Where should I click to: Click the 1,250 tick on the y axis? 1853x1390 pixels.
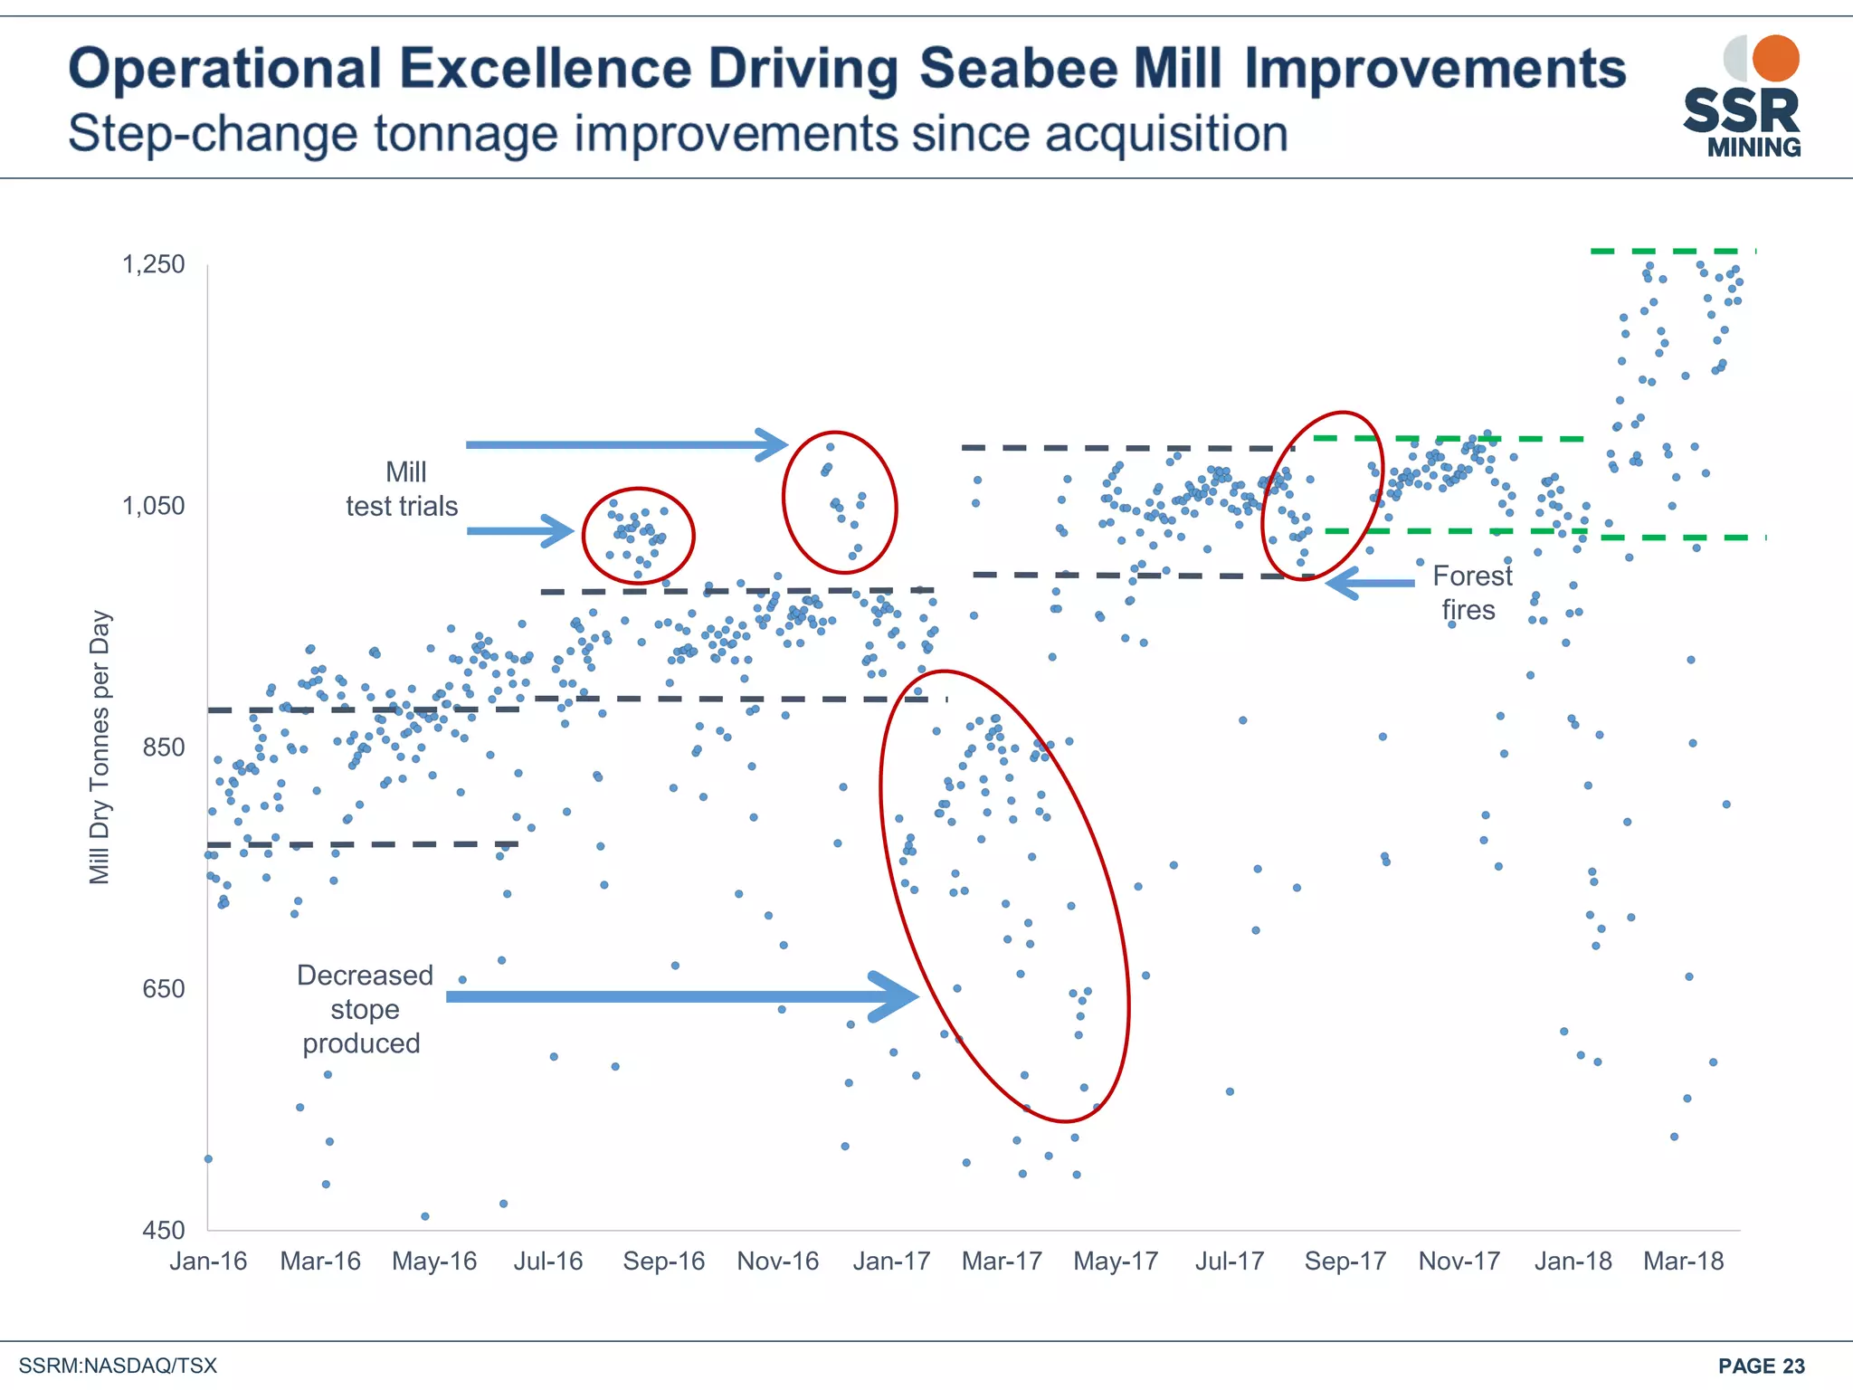coord(153,264)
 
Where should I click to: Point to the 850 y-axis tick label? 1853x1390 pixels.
coord(163,747)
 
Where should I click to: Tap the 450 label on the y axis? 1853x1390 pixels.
coord(163,1230)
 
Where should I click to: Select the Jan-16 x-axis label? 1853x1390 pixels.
coord(208,1261)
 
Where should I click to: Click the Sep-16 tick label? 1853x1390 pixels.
coord(663,1261)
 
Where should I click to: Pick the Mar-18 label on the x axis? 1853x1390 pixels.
coord(1683,1261)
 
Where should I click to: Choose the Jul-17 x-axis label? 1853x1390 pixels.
coord(1229,1261)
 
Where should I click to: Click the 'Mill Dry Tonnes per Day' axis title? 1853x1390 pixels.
coord(100,747)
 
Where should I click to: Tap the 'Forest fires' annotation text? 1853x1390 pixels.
coord(1471,593)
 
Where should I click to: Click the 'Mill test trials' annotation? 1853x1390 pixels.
coord(403,489)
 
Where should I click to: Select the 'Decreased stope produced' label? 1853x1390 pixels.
coord(364,1009)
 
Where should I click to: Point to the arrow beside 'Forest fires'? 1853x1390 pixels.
coord(1370,583)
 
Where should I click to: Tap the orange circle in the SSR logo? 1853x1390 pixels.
coord(1775,59)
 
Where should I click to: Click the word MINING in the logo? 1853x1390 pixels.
coord(1753,148)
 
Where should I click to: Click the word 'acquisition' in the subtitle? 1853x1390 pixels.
coord(1166,134)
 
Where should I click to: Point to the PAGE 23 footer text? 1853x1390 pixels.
coord(1761,1366)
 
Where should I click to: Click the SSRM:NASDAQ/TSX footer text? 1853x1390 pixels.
coord(119,1366)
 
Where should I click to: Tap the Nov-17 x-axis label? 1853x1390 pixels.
coord(1459,1261)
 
